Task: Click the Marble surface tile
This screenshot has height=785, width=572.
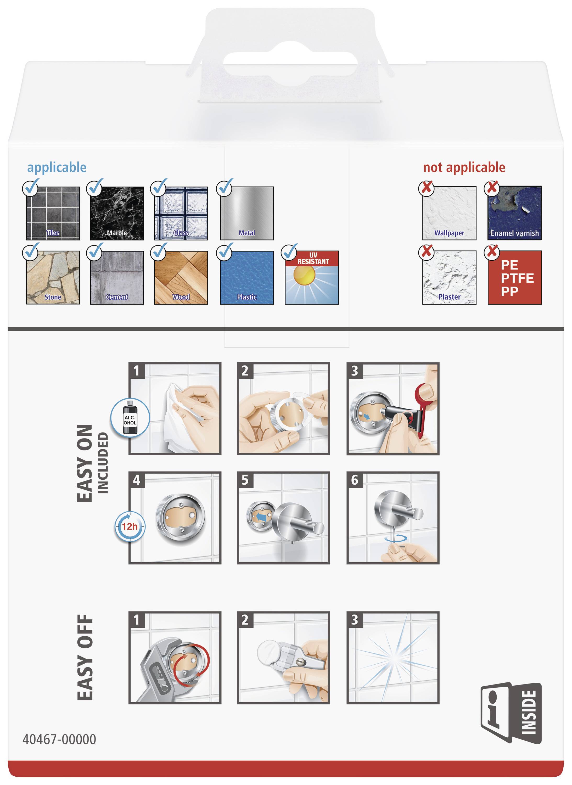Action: point(117,213)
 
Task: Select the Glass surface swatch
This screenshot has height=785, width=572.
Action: point(181,213)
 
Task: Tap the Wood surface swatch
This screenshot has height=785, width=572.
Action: point(181,277)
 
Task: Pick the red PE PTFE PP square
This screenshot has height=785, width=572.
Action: point(514,277)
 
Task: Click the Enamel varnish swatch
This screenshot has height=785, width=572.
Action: point(514,213)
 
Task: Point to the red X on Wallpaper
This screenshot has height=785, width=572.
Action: point(427,188)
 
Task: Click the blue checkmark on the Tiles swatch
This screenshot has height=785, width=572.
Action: point(31,188)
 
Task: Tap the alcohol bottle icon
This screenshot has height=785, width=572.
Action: point(130,417)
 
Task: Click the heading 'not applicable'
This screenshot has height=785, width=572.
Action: point(464,167)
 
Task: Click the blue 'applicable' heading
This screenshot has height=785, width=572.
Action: point(57,167)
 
